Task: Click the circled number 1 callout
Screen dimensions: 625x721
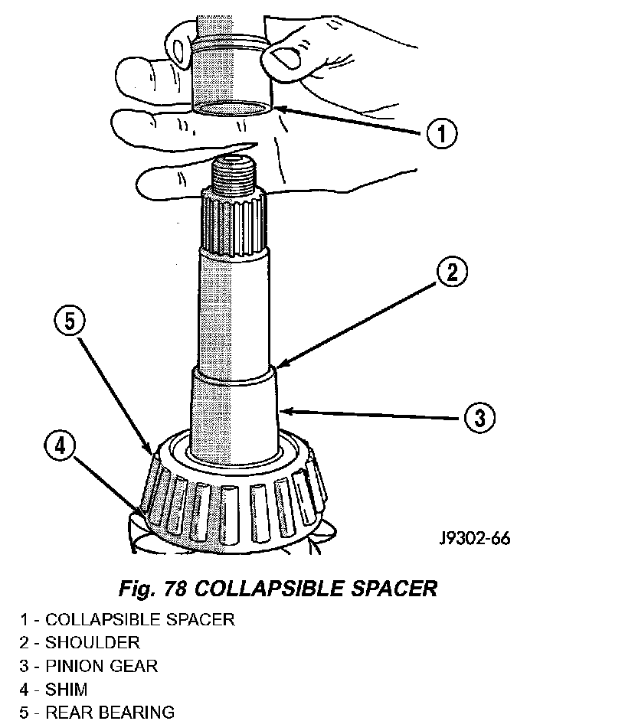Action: click(x=441, y=133)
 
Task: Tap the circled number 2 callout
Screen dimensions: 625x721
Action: click(x=452, y=272)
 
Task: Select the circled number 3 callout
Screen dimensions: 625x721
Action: click(x=479, y=418)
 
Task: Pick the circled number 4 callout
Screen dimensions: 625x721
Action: click(x=61, y=445)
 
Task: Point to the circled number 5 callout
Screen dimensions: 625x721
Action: click(x=70, y=321)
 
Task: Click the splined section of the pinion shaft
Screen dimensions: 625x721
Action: click(x=234, y=223)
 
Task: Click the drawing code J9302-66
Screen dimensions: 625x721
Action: click(x=475, y=537)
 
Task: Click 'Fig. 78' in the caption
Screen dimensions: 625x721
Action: click(x=152, y=588)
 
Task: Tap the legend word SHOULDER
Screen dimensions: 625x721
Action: click(x=92, y=642)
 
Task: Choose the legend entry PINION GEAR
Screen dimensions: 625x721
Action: click(x=101, y=666)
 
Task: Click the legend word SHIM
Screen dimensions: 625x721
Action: click(x=67, y=690)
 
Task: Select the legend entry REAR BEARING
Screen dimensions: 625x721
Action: click(x=110, y=713)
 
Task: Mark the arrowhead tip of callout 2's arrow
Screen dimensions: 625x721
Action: click(x=277, y=367)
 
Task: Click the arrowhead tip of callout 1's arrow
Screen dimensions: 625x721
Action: click(x=274, y=109)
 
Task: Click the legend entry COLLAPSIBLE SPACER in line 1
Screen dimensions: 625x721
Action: click(x=140, y=619)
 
